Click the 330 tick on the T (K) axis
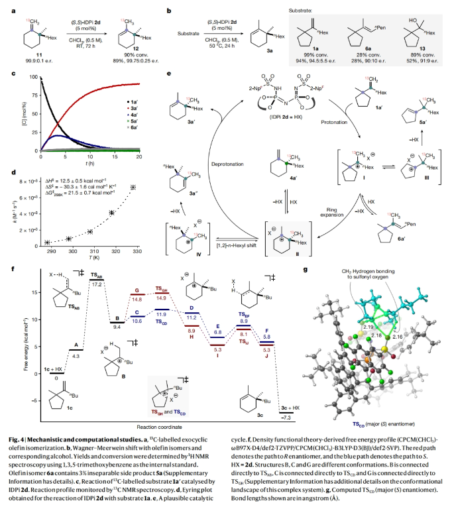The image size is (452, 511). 137,252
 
